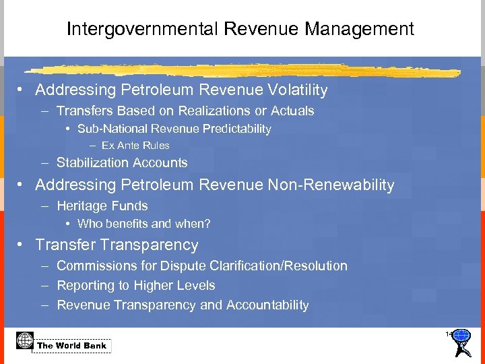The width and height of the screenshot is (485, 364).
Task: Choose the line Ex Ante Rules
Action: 135,145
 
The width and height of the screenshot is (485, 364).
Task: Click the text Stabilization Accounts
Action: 122,162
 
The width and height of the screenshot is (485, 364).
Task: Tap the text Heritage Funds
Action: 102,206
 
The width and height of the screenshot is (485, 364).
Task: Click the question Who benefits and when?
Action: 144,224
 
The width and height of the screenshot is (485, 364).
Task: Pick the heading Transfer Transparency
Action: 117,245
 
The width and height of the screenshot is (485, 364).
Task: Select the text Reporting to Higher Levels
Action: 136,286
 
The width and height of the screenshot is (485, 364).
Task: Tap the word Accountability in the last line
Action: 267,305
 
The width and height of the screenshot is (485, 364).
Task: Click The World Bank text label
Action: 72,346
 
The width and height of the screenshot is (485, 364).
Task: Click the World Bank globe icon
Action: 24,340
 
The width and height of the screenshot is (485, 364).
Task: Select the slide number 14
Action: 449,334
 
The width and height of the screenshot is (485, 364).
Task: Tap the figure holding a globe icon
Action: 461,342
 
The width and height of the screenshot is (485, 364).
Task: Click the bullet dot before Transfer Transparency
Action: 23,245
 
